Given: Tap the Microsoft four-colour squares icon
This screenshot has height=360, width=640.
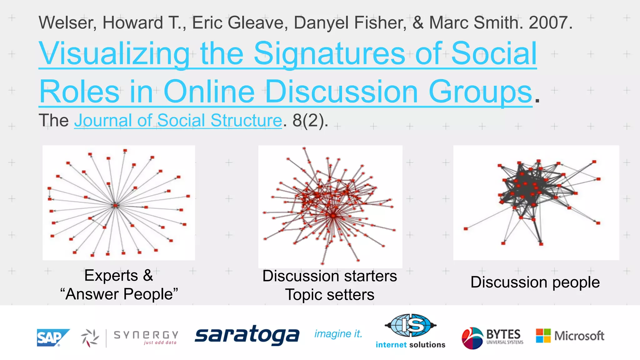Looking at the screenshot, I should [x=543, y=336].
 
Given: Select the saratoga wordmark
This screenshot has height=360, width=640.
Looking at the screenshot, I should [x=247, y=335].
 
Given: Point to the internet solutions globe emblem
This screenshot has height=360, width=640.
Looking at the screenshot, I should [x=411, y=325].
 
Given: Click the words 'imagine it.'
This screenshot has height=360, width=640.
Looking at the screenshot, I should [x=338, y=334].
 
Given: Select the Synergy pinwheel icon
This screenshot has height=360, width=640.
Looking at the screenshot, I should [x=90, y=338].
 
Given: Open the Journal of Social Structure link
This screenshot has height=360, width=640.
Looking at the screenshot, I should [x=178, y=120].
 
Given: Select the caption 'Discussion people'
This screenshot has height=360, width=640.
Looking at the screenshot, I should [x=535, y=282].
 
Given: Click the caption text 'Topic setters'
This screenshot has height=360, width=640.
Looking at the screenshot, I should [x=330, y=295].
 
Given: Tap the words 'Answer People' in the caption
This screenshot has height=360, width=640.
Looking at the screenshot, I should [x=119, y=294].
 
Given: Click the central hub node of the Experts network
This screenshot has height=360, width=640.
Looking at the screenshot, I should [x=115, y=205].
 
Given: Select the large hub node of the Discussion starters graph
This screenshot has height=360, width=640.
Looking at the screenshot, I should [x=333, y=216].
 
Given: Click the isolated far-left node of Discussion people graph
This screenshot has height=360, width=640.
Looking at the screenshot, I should [x=466, y=229].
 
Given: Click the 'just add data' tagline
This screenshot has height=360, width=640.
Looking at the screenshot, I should [x=160, y=343].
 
